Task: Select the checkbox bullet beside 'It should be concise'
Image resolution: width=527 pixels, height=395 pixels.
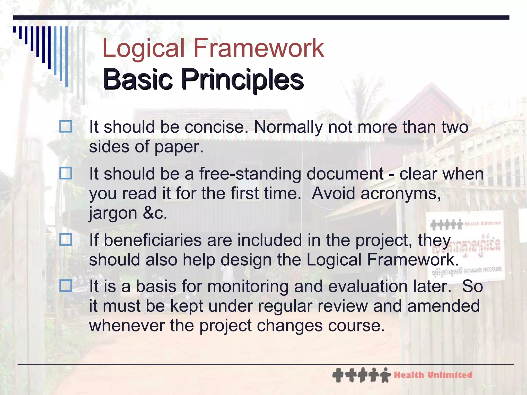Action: tap(66, 127)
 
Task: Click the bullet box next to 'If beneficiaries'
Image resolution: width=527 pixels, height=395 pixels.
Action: tap(66, 240)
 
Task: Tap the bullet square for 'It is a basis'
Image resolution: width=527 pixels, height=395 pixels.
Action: tap(66, 286)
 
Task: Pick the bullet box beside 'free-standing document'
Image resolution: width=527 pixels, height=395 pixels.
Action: tap(66, 173)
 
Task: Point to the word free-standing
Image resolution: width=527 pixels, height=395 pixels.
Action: tap(250, 174)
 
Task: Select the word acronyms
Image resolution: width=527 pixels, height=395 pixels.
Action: tap(400, 193)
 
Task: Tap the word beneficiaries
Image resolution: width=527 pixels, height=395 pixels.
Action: tap(153, 240)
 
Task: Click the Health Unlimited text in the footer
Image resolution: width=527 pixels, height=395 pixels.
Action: tap(433, 375)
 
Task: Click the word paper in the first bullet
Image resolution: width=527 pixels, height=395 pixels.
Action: tap(179, 147)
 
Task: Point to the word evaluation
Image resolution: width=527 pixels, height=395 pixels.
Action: tap(368, 286)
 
